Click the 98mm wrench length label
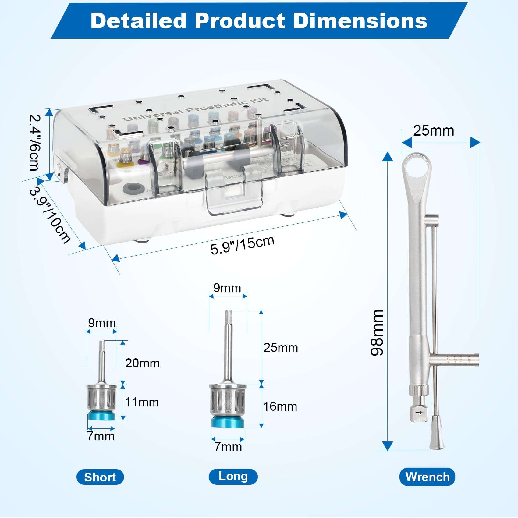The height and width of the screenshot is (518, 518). coord(377,332)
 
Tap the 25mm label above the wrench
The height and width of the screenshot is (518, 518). coord(433,131)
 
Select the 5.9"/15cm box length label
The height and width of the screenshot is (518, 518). coord(243,245)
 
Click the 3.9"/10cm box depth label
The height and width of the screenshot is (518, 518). coord(50,215)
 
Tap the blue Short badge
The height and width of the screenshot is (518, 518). coord(100,477)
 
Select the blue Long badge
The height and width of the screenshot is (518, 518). coord(233,476)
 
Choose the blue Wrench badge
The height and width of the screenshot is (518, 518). coord(427,477)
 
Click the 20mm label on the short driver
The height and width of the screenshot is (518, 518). coord(142,363)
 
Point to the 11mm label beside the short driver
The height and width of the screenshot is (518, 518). coord(142,402)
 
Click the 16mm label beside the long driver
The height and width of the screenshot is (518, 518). coord(280,406)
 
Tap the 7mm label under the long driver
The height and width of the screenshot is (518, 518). coord(228,447)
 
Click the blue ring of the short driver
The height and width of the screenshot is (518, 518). coord(101,416)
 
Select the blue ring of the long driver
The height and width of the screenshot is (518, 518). coord(228,422)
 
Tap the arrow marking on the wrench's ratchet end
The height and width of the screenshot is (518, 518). coord(419,413)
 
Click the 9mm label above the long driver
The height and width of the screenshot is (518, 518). coord(227,288)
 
